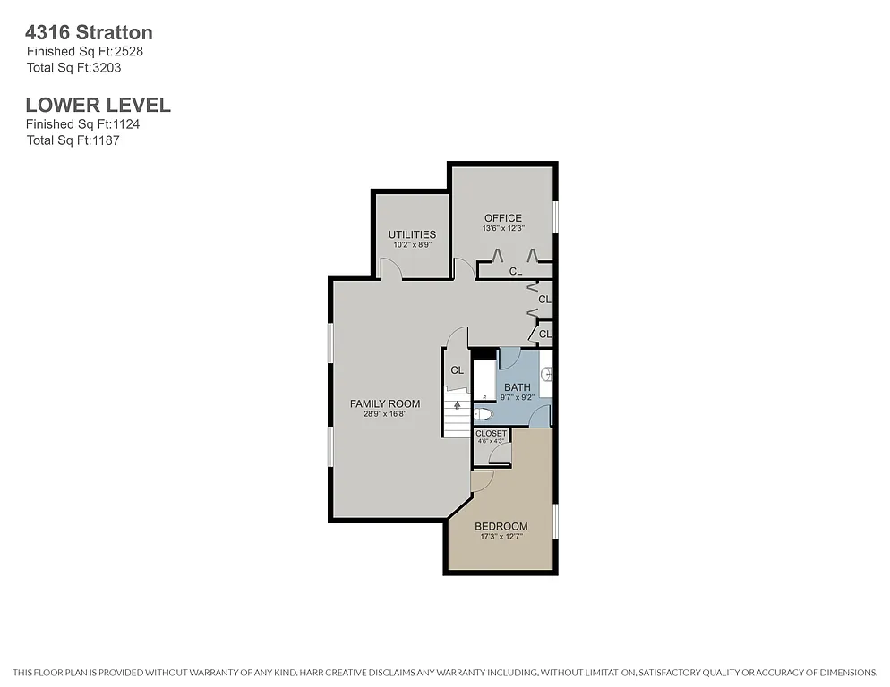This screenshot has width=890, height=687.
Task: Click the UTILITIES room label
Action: pyautogui.click(x=412, y=234)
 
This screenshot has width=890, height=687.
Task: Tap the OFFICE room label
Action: pyautogui.click(x=502, y=218)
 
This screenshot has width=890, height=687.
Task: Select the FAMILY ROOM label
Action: pyautogui.click(x=385, y=404)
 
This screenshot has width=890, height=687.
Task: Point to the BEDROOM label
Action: pyautogui.click(x=501, y=526)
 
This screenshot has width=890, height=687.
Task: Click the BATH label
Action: pyautogui.click(x=518, y=386)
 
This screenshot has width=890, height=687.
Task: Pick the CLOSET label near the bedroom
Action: pyautogui.click(x=491, y=434)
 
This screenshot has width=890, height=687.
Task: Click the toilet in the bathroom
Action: pyautogui.click(x=483, y=414)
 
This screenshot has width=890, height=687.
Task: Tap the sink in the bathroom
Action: pyautogui.click(x=546, y=374)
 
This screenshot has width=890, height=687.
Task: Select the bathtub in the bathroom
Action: pyautogui.click(x=484, y=379)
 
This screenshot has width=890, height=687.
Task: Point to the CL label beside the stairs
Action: pyautogui.click(x=457, y=370)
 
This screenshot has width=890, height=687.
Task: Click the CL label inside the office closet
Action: pyautogui.click(x=515, y=271)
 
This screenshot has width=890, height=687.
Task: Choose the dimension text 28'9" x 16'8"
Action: pyautogui.click(x=385, y=415)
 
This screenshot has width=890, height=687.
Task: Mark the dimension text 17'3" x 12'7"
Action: pyautogui.click(x=501, y=538)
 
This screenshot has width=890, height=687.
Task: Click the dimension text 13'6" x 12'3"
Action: pyautogui.click(x=502, y=229)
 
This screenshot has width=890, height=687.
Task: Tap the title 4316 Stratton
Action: pyautogui.click(x=89, y=32)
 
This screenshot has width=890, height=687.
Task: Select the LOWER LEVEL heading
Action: pyautogui.click(x=98, y=105)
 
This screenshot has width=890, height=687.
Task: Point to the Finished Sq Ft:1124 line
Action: pyautogui.click(x=82, y=124)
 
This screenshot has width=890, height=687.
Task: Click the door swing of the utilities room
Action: pyautogui.click(x=390, y=267)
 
